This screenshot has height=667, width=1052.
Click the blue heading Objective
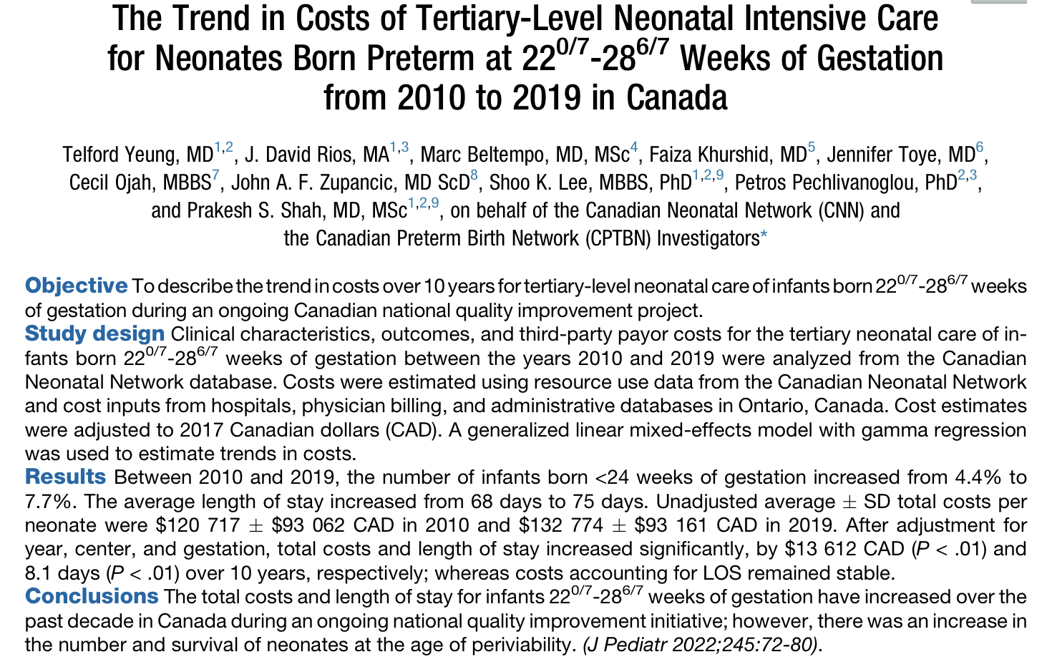pyautogui.click(x=76, y=286)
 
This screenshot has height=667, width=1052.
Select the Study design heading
pyautogui.click(x=94, y=334)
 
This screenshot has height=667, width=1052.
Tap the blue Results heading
pyautogui.click(x=65, y=477)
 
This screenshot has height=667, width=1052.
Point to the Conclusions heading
pyautogui.click(x=92, y=597)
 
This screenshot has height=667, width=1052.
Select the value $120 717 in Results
pyautogui.click(x=198, y=525)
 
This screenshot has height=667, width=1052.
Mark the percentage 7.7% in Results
pyautogui.click(x=49, y=502)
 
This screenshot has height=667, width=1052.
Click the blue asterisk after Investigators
pyautogui.click(x=764, y=235)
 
